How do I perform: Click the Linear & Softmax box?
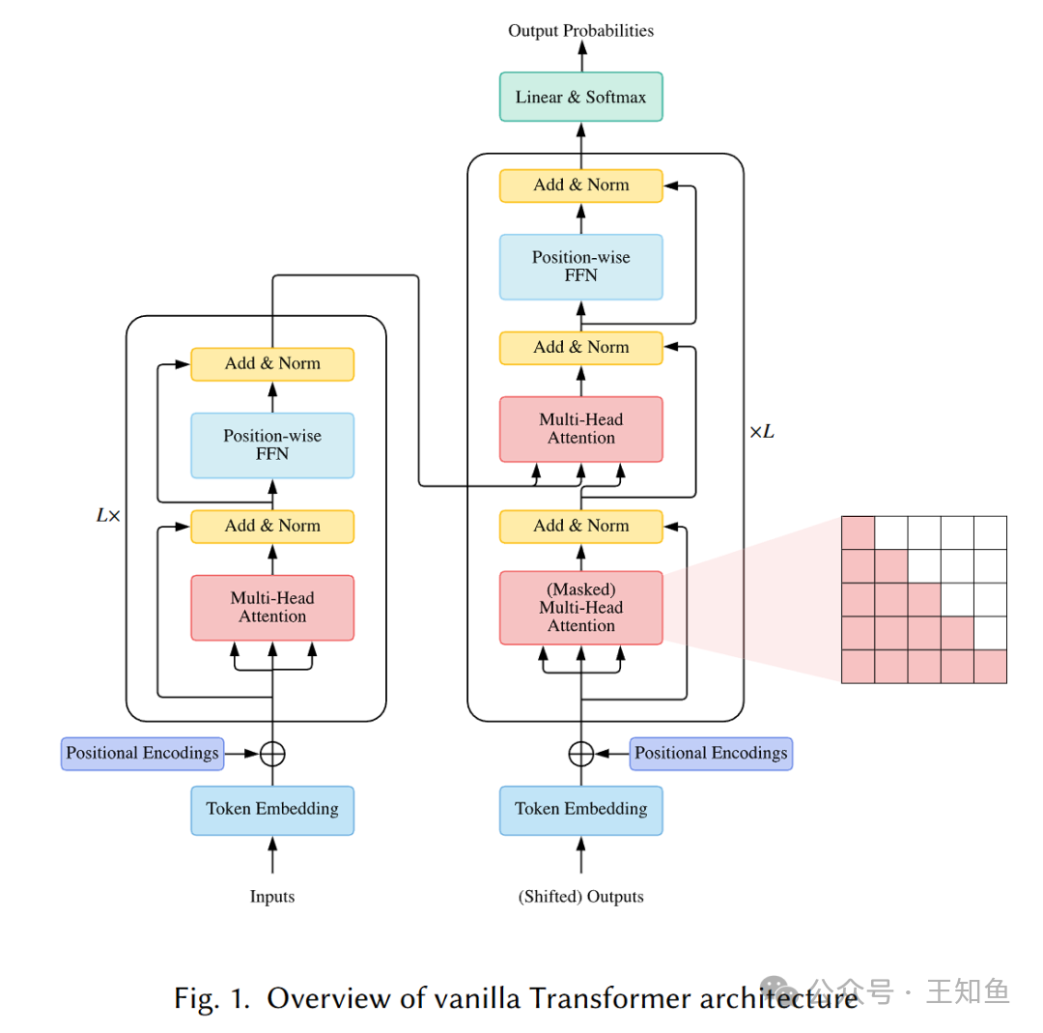[580, 97]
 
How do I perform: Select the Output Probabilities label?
[580, 31]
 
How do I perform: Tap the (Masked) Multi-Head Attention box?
[580, 608]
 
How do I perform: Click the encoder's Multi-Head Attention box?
[272, 608]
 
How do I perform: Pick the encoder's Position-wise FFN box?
[272, 445]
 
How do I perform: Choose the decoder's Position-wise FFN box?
[580, 267]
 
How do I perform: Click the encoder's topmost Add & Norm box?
[272, 364]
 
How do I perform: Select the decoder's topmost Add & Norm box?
[580, 186]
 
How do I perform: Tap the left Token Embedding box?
[272, 809]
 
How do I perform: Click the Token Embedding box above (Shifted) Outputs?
[580, 809]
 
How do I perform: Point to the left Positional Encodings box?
[142, 754]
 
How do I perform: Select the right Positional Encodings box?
[711, 754]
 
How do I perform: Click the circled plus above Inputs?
[272, 754]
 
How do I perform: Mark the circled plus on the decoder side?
[580, 754]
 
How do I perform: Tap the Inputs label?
[272, 897]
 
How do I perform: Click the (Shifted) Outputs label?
[580, 897]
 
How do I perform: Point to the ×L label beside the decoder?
[762, 432]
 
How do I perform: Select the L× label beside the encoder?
[108, 516]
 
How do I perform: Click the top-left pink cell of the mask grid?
[858, 532]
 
